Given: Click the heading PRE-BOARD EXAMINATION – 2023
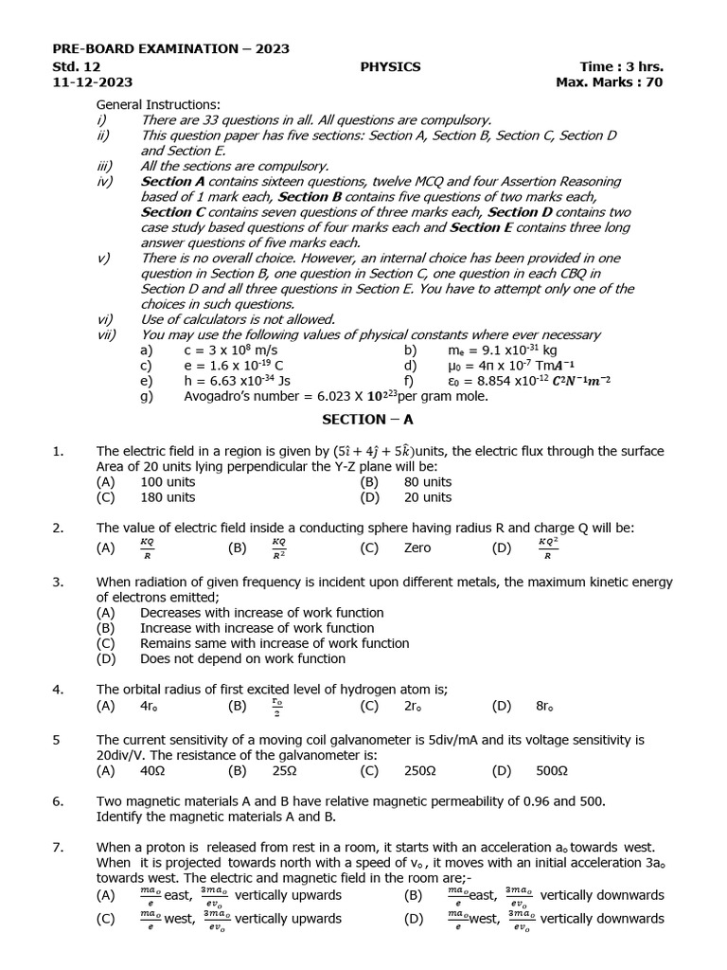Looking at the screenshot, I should click(170, 48).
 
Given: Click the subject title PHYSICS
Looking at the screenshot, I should click(390, 66).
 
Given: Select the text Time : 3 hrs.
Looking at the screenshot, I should click(621, 66).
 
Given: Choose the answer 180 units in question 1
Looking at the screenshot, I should click(168, 496).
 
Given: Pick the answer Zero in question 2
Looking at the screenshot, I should click(417, 548).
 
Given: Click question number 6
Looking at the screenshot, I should click(58, 801).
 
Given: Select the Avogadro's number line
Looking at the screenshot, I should click(336, 396).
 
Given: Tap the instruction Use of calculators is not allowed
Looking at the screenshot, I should click(238, 319).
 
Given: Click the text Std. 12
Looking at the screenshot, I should click(77, 66).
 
